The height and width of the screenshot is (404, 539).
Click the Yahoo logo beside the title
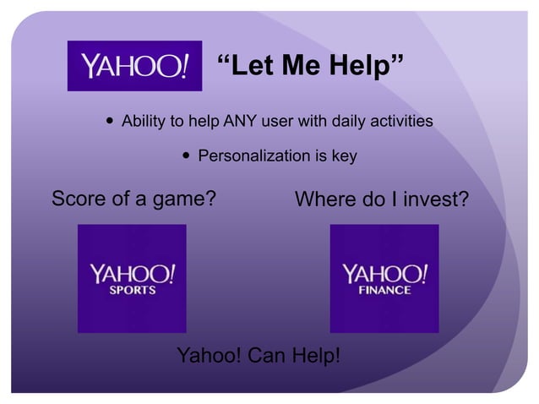pyautogui.click(x=134, y=65)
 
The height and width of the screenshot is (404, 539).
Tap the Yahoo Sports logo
pyautogui.click(x=132, y=278)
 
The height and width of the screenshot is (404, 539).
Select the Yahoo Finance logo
pyautogui.click(x=384, y=278)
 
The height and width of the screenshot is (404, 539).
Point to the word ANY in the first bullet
pyautogui.click(x=240, y=122)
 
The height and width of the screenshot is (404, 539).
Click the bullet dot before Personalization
pyautogui.click(x=185, y=156)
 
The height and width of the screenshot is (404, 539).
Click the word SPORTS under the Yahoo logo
pyautogui.click(x=133, y=290)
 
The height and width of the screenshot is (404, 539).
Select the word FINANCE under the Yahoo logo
pyautogui.click(x=385, y=290)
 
